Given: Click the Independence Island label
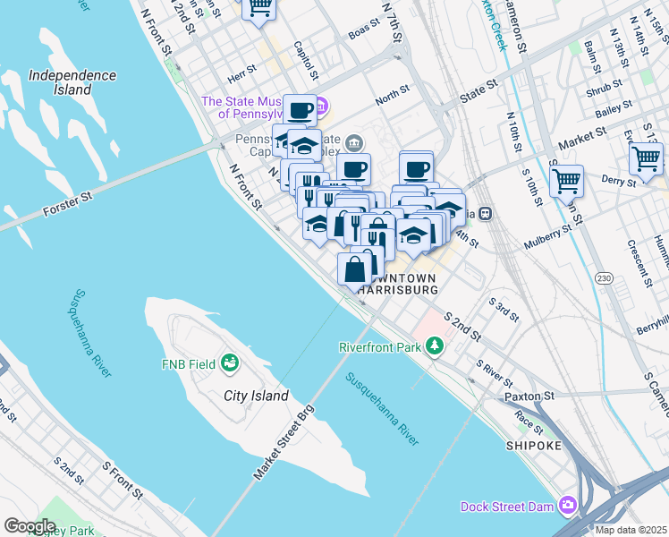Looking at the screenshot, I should (72, 82).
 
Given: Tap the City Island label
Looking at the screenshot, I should (256, 396).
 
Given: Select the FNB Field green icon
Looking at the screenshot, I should (231, 363).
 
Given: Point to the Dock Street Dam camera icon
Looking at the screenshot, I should (567, 507).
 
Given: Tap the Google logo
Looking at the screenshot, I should (30, 526).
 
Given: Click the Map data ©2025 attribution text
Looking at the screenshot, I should (631, 530).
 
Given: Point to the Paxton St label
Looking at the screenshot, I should (529, 395).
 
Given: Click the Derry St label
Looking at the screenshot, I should (618, 181).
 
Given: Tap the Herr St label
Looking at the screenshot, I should (241, 67).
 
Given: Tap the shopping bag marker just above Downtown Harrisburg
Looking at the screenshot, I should (355, 268).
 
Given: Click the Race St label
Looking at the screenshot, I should (529, 422).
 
